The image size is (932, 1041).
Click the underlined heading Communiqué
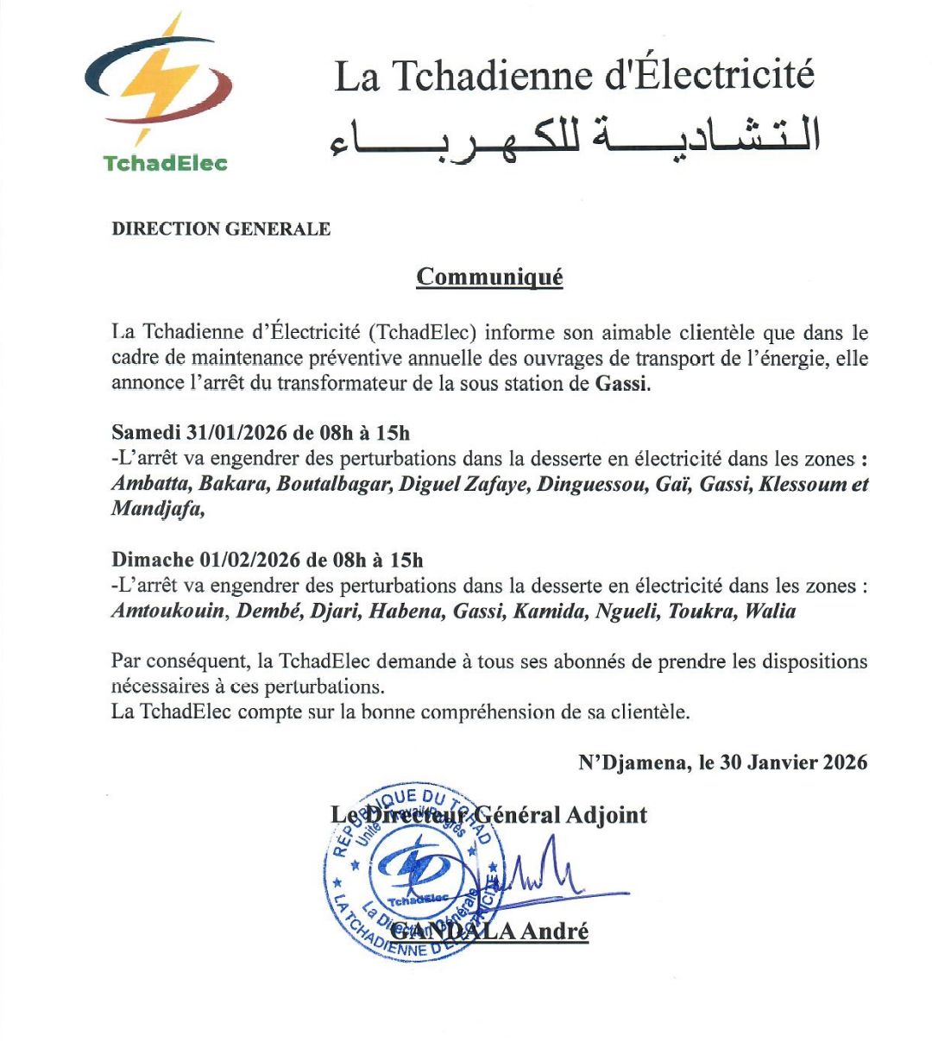pos(489,277)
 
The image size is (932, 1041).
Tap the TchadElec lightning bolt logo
pos(159,82)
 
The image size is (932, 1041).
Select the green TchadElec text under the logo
pos(165,163)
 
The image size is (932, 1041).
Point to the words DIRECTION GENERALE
pos(221,229)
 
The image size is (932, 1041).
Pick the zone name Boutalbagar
pos(333,484)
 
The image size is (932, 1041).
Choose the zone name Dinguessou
pos(591,484)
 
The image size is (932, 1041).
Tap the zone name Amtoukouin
pos(168,611)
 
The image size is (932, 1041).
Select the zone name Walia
pos(770,611)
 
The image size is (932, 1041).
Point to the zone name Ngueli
pos(625,611)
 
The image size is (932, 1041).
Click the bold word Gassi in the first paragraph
pos(620,384)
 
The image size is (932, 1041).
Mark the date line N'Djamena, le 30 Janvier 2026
pos(722,762)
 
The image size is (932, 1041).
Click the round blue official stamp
pos(414,871)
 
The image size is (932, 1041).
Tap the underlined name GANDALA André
pos(489,931)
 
